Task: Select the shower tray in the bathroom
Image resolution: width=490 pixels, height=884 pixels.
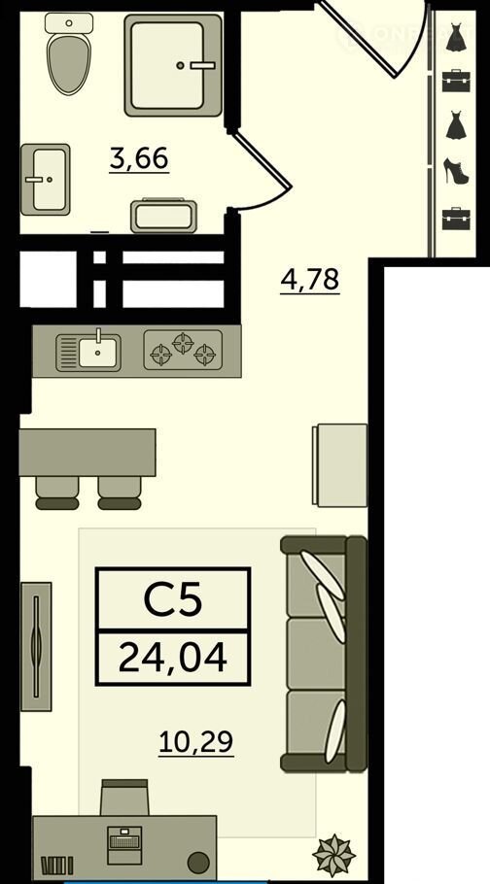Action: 173,65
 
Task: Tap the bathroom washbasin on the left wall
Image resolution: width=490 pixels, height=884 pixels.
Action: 46,180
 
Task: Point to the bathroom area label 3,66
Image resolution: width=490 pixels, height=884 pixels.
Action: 139,158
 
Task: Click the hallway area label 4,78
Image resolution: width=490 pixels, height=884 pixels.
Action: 310,280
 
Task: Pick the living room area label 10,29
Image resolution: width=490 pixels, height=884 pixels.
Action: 195,742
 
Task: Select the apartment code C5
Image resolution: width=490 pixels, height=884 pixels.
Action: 173,600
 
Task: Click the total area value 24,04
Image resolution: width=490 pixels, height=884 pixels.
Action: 173,658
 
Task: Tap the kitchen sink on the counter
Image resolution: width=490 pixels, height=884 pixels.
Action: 88,353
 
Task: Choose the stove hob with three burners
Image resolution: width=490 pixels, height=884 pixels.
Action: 183,350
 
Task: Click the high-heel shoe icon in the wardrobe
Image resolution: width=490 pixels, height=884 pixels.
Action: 456,171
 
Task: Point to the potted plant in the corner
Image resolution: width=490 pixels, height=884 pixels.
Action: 333,855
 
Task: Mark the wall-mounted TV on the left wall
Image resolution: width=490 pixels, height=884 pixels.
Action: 36,647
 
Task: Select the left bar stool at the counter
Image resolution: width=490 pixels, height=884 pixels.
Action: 57,493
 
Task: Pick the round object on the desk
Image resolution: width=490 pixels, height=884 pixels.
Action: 197,862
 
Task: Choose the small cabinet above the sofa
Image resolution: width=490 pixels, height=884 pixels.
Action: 339,465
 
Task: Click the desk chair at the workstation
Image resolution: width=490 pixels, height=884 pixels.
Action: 124,798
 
